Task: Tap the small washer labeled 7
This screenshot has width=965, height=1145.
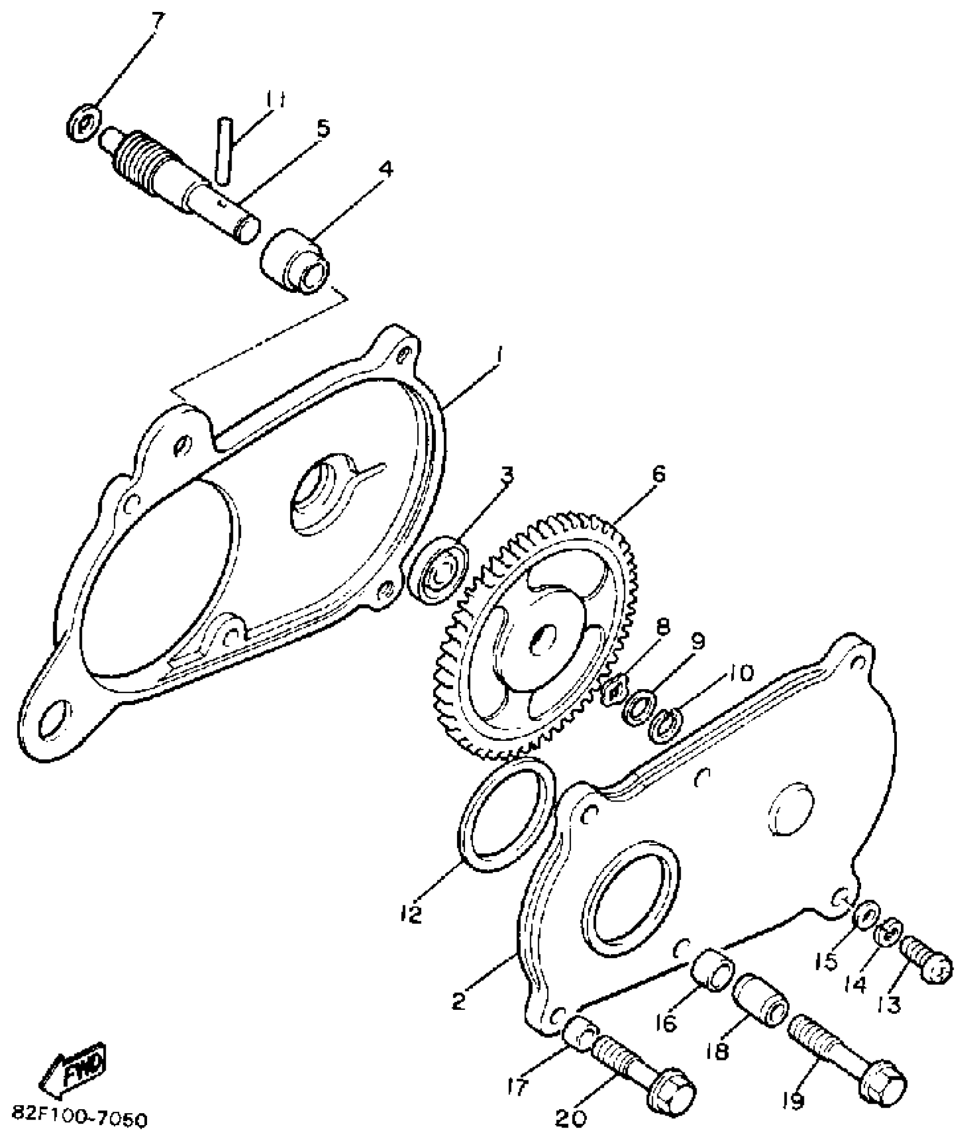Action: pyautogui.click(x=84, y=121)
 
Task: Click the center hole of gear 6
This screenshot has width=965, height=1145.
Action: pyautogui.click(x=543, y=641)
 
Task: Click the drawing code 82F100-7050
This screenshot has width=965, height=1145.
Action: pyautogui.click(x=79, y=1119)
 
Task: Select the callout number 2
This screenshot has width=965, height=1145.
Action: pyautogui.click(x=459, y=1000)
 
